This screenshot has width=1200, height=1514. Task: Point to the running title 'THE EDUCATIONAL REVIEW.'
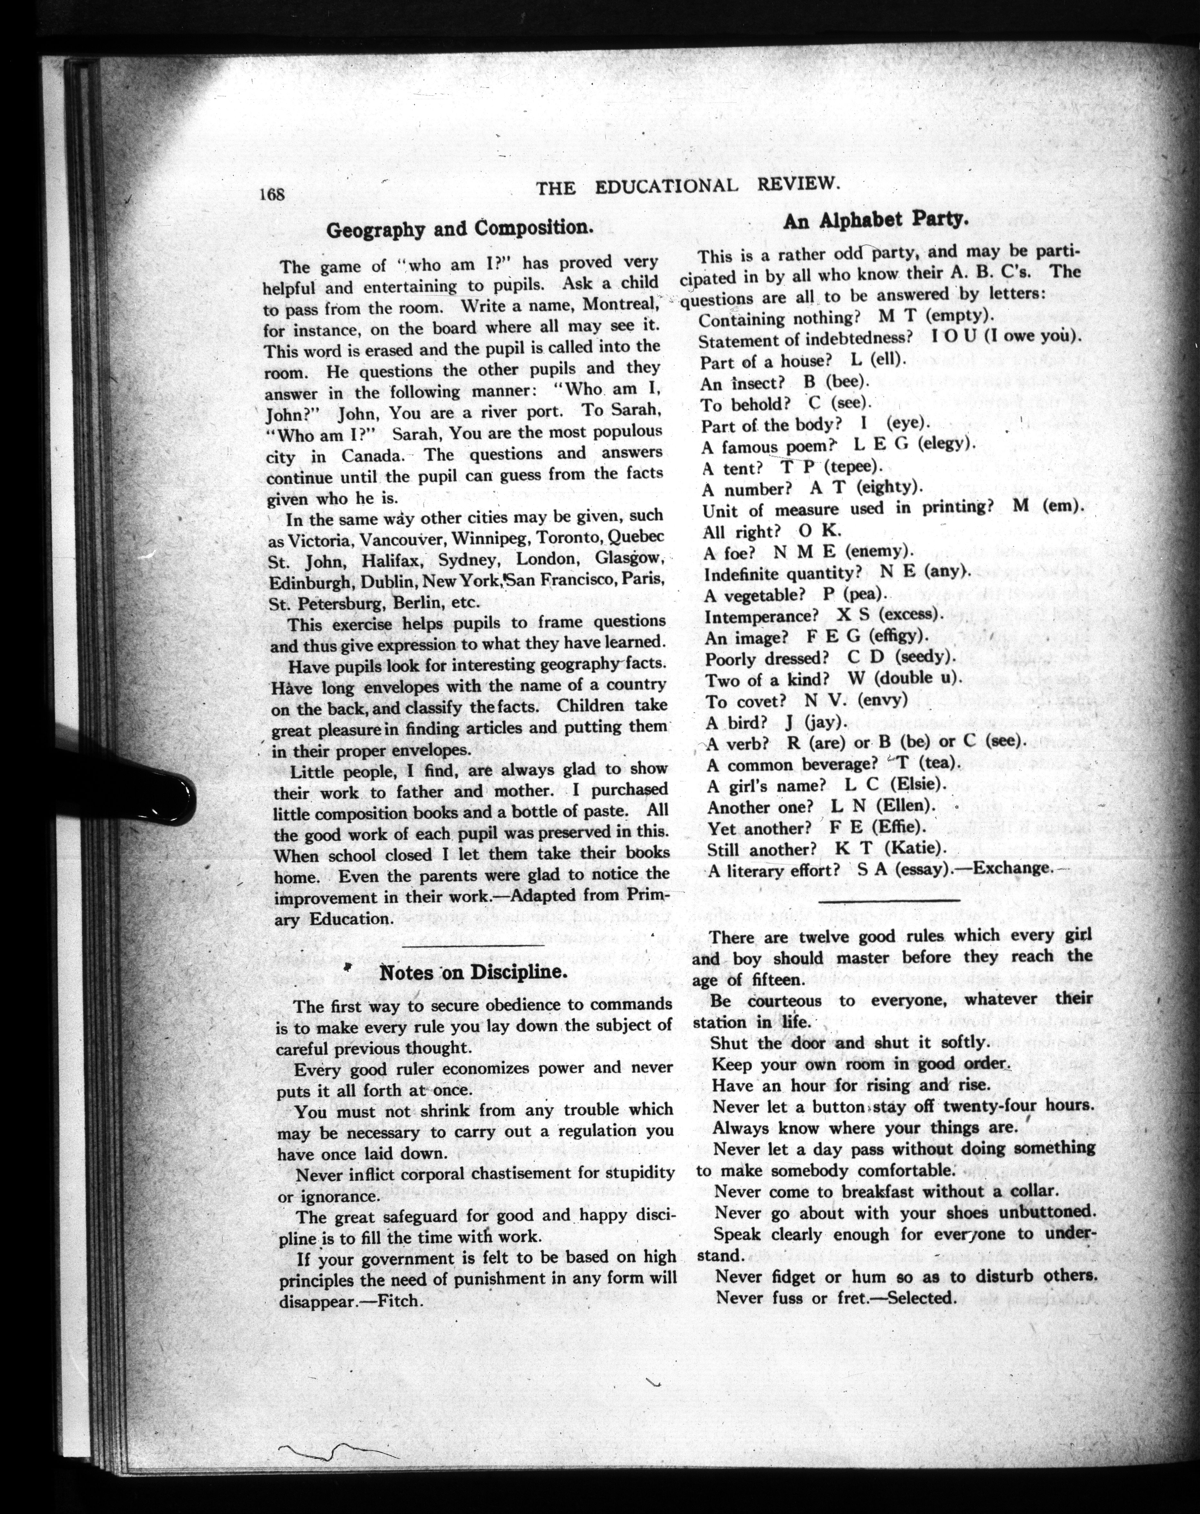688,185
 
